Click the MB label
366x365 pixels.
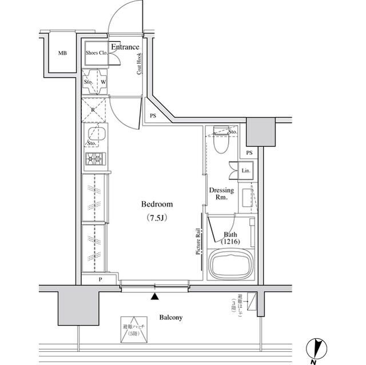(62, 54)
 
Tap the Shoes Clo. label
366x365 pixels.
(96, 53)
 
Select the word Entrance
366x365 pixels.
(125, 47)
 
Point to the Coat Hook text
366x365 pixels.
(139, 64)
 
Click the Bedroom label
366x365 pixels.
(157, 204)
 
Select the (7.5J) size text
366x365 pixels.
(157, 218)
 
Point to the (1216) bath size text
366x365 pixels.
(231, 242)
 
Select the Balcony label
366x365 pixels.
(170, 318)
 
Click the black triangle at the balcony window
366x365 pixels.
(154, 296)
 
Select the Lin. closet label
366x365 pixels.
(245, 171)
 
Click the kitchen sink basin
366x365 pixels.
(94, 135)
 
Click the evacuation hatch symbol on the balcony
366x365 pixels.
(134, 330)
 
